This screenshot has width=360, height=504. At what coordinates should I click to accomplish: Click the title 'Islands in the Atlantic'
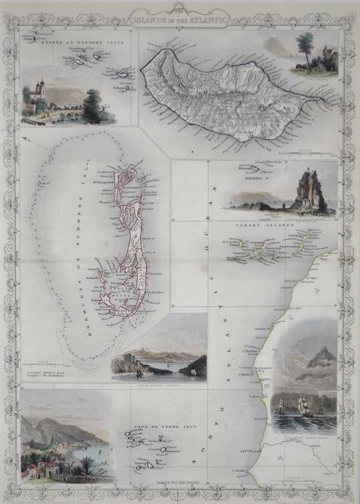(179, 20)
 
